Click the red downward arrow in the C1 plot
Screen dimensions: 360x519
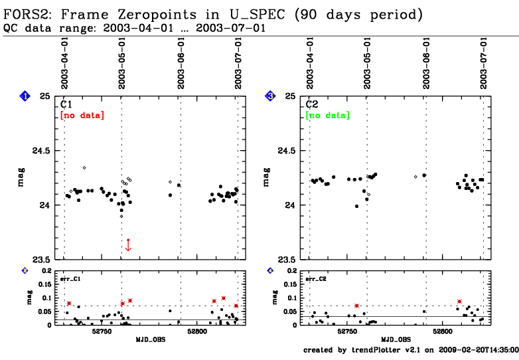click(x=128, y=244)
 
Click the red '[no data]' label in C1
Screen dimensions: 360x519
click(x=82, y=116)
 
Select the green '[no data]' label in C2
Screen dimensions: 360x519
click(x=327, y=116)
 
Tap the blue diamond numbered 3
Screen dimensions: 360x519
click(x=270, y=97)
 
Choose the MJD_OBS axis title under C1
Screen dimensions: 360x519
click(x=151, y=339)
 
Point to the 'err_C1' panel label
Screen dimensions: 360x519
click(x=71, y=279)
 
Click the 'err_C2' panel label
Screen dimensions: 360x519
click(x=316, y=279)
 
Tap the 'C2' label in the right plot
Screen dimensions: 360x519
click(x=313, y=105)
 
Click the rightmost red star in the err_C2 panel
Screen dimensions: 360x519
click(x=459, y=302)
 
